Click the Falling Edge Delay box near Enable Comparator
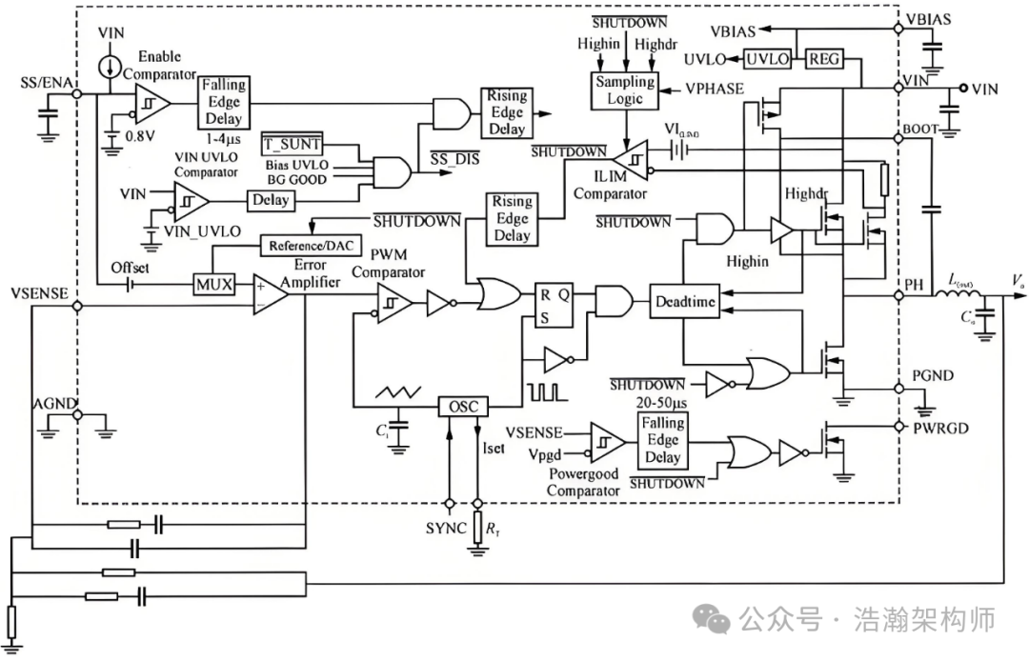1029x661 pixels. [x=223, y=103]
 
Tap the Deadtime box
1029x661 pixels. [x=682, y=302]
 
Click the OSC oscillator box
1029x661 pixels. [x=462, y=407]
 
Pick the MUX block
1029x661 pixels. [x=213, y=284]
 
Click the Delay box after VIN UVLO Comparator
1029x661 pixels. [x=270, y=201]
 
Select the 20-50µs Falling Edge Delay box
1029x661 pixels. [x=662, y=440]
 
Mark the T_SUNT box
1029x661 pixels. [x=292, y=145]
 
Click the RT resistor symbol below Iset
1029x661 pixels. [x=477, y=529]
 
